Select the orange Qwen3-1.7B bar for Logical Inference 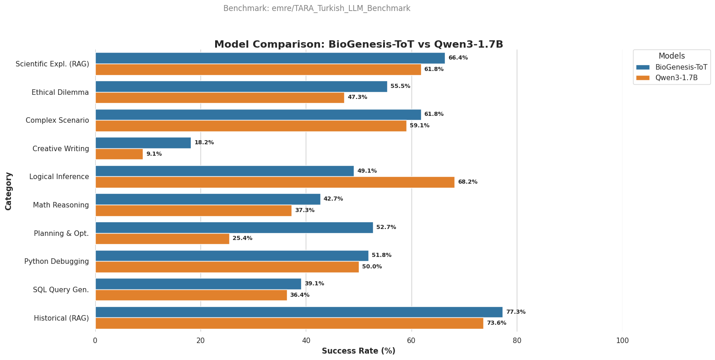[x=275, y=182]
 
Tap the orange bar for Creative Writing [x=119, y=154]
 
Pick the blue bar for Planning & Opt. [x=234, y=228]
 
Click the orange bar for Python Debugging [x=227, y=267]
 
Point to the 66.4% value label [x=458, y=58]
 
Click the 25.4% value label [x=242, y=239]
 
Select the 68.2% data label [x=467, y=182]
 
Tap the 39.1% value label [x=314, y=284]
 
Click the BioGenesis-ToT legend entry [x=681, y=67]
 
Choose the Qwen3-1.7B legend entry [x=676, y=78]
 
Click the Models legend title [x=672, y=56]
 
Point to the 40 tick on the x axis [x=306, y=341]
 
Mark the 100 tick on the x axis [x=622, y=341]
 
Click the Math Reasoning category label [x=61, y=205]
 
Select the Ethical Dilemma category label [x=60, y=93]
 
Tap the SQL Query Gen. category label [x=61, y=290]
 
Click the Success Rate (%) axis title [x=358, y=351]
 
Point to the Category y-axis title [x=9, y=191]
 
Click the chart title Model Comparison [x=358, y=44]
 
